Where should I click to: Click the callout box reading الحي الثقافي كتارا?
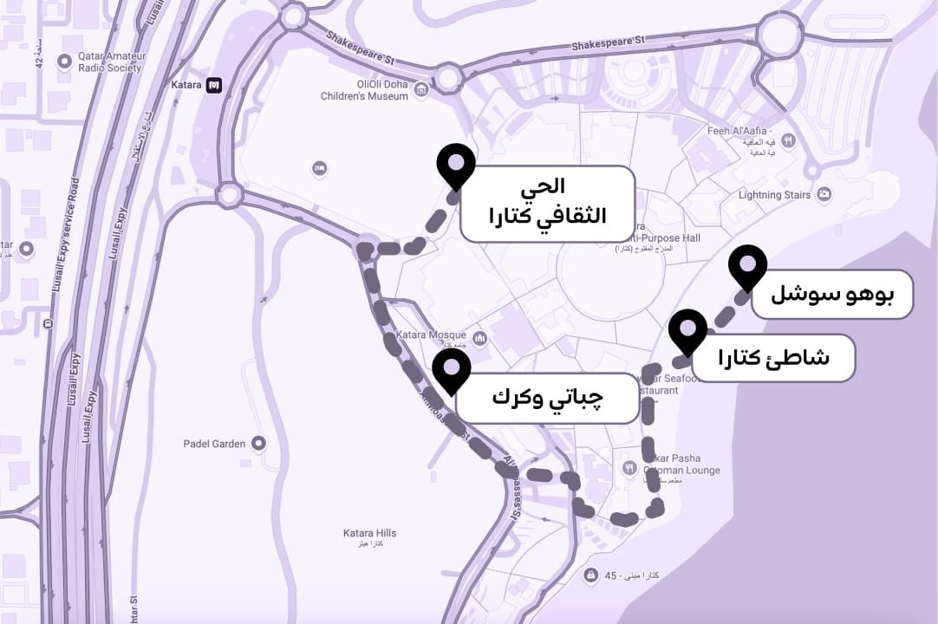pos(547,204)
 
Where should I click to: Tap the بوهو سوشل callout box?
pos(832,294)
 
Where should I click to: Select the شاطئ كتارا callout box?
pos(773,358)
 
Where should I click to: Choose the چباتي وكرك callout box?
pos(547,398)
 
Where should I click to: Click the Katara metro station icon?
pos(214,85)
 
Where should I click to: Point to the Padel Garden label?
pos(214,444)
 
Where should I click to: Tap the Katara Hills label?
pos(369,534)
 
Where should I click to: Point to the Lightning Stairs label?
pos(774,195)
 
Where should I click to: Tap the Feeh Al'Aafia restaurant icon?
pos(788,140)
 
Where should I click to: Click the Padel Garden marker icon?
pos(257,444)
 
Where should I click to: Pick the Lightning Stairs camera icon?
pos(824,194)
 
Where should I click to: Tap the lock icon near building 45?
pos(590,575)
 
